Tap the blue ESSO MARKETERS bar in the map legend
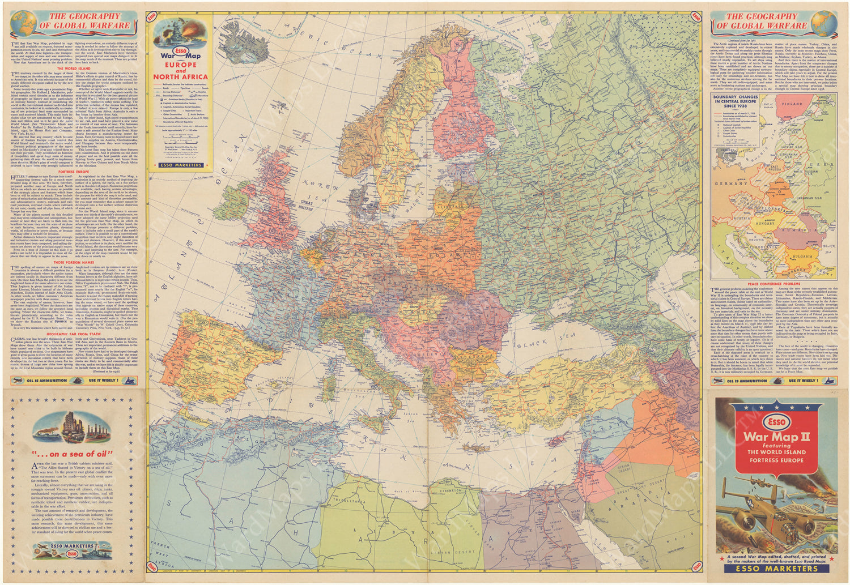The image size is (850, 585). [181, 165]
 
